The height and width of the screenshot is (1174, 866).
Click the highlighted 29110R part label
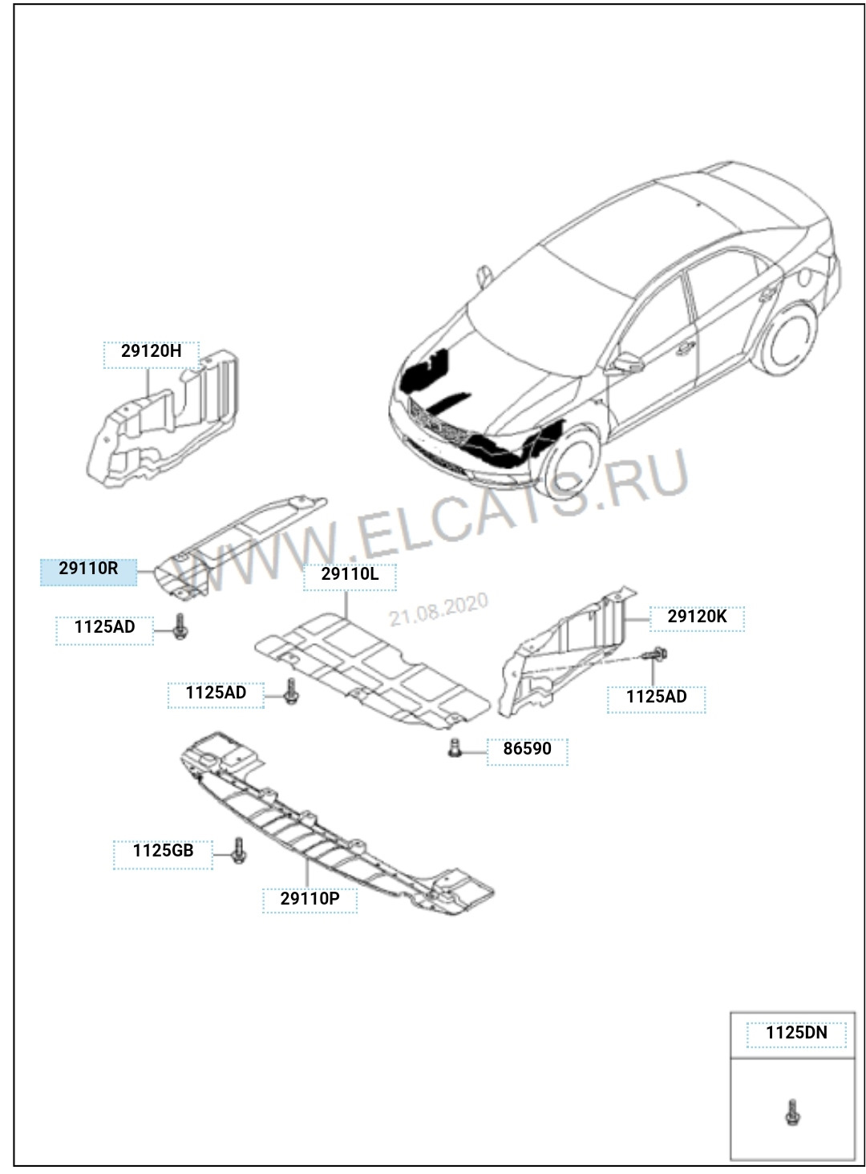coord(88,572)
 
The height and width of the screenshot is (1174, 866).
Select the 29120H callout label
coord(152,354)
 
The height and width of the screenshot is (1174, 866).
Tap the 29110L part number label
coord(350,577)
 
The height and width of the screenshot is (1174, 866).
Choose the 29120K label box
coord(697,619)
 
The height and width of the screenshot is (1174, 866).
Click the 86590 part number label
coord(528,752)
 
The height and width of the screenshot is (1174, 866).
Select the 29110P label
coord(310,900)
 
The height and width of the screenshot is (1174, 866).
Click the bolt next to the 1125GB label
coord(239,850)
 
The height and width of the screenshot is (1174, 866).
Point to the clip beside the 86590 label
coord(455,748)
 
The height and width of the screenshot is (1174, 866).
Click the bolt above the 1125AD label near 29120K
coord(655,654)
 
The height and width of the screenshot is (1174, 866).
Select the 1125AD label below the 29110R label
coord(105,630)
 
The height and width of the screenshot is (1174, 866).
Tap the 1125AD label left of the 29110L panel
coord(216,695)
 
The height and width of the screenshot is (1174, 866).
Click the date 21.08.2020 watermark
coord(439,609)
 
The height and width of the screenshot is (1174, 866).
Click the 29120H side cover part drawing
coord(163,419)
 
